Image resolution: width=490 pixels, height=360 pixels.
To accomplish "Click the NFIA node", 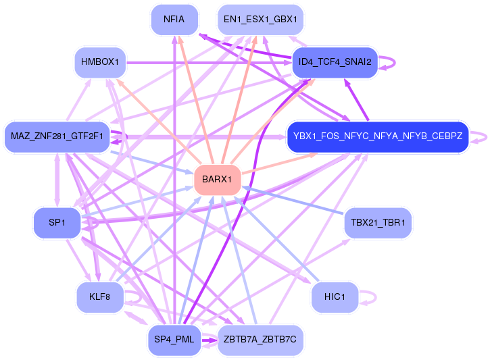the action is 174,20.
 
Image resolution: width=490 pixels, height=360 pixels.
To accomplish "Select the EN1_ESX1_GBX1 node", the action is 260,20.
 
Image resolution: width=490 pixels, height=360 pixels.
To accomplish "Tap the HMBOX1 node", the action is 100,62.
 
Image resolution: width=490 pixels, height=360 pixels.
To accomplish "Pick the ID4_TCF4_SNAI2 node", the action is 335,62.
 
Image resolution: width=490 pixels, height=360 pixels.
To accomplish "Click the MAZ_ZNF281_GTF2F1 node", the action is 57,136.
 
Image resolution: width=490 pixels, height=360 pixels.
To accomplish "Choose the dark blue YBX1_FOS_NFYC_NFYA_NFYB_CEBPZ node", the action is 378,136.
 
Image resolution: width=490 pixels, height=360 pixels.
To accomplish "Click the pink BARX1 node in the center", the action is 217,180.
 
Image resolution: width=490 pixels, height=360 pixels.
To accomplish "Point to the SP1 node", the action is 57,223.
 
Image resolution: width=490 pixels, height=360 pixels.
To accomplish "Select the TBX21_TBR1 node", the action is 378,223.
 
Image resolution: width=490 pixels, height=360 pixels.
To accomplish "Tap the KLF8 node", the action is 100,297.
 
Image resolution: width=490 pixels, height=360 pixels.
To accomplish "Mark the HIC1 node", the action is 335,297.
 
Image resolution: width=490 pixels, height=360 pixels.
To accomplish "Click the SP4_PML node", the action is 174,340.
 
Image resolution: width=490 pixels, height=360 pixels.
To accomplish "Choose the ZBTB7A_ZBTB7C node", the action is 260,340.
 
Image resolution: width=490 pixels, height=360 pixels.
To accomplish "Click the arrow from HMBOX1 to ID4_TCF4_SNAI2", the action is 209,63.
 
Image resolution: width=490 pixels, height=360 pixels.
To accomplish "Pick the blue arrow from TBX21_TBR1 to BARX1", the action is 293,201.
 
